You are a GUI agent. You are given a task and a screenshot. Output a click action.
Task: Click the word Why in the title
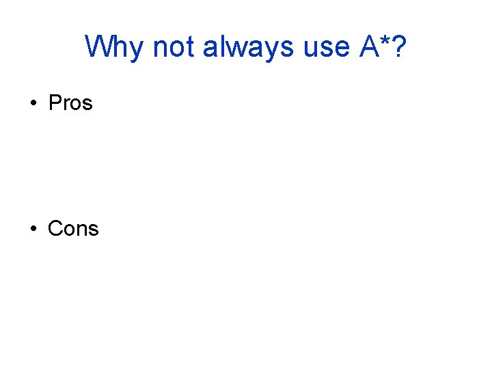[115, 47]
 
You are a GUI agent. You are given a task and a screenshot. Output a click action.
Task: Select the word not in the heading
[174, 47]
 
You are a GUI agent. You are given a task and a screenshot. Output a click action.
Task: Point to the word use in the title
[324, 47]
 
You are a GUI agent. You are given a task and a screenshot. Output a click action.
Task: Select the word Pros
[70, 103]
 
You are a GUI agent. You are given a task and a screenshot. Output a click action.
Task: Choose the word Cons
[73, 228]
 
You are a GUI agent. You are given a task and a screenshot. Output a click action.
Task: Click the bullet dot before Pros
[32, 104]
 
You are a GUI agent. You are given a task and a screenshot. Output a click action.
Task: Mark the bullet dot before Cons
[32, 229]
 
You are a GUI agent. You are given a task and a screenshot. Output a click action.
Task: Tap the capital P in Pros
[55, 103]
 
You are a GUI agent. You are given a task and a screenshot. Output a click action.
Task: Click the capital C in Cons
[55, 228]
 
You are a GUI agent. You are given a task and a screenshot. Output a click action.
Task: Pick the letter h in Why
[123, 46]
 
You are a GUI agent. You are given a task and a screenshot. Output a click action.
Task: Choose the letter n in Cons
[83, 230]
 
